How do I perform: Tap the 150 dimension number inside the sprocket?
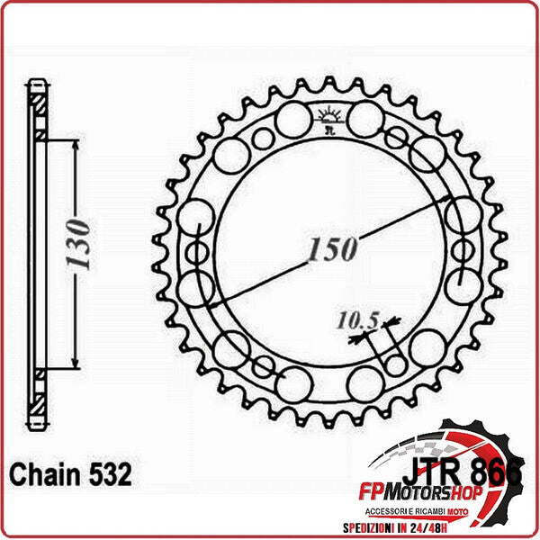tap(332, 249)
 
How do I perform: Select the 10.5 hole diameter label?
tap(357, 319)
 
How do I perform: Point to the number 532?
tap(109, 474)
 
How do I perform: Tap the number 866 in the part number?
tap(500, 470)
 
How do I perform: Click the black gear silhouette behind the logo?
tap(504, 441)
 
